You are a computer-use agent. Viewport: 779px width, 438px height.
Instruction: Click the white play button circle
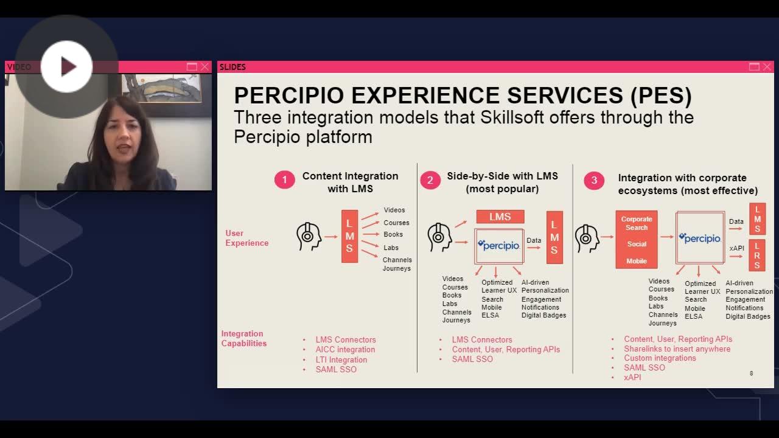67,66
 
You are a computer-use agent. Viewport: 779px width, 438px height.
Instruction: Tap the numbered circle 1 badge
284,180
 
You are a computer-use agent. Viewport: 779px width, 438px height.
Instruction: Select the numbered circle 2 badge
430,180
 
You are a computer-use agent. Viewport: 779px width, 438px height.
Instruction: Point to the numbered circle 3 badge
594,180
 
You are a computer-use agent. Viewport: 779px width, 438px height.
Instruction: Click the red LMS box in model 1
349,237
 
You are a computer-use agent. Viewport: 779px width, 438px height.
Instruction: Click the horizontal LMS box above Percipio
500,217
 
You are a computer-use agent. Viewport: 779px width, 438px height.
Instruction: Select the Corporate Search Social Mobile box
636,240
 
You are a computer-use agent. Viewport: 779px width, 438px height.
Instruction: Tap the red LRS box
757,255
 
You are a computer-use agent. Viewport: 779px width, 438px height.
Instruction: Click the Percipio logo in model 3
700,238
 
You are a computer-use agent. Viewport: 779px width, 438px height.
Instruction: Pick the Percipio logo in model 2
499,245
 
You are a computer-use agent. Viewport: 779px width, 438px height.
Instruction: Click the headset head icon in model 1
309,237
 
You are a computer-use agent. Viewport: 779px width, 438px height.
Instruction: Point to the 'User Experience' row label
246,238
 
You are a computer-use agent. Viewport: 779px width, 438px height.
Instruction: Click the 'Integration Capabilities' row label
243,338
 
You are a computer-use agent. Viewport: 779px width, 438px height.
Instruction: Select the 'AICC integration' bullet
345,350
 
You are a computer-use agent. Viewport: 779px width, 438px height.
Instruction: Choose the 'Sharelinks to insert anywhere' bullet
677,349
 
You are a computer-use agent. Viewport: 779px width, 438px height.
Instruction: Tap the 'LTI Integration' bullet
341,360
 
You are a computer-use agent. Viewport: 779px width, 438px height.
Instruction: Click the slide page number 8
751,373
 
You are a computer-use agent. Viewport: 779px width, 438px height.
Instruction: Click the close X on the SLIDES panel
767,67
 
